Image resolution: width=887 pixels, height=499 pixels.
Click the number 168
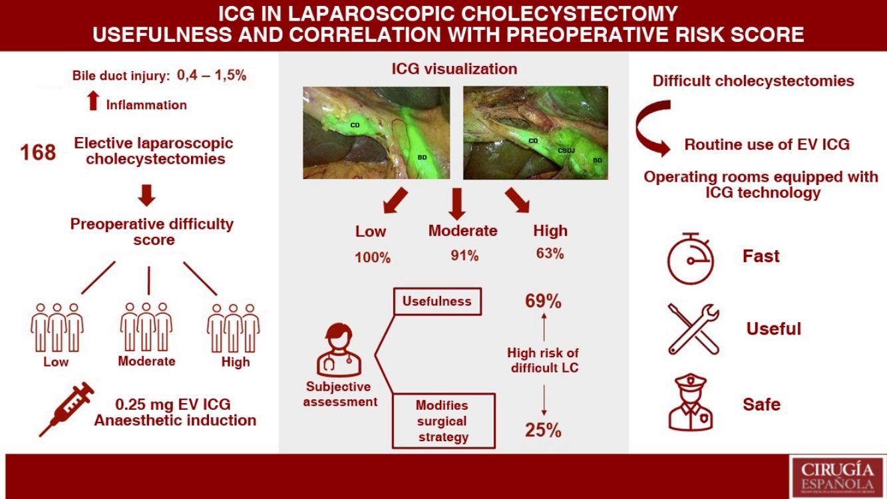[x=38, y=152]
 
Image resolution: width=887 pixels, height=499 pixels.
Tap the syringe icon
[x=67, y=409]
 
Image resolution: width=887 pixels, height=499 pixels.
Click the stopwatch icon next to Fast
[x=691, y=258]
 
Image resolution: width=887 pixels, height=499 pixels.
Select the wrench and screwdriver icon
[x=693, y=329]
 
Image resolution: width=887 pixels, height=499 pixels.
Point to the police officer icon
[x=690, y=402]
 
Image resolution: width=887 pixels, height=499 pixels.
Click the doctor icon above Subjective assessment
[x=339, y=350]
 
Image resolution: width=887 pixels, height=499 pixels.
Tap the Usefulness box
[x=437, y=301]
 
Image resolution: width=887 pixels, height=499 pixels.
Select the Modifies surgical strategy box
[x=443, y=421]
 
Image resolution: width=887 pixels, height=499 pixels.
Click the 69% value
[x=543, y=301]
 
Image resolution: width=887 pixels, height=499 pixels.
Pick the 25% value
[x=543, y=430]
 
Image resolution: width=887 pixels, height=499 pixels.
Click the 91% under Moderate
[x=464, y=256]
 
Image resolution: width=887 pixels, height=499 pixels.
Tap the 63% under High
[x=550, y=253]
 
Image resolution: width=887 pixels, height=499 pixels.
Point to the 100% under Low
[x=373, y=258]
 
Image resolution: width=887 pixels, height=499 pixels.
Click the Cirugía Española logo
[x=837, y=476]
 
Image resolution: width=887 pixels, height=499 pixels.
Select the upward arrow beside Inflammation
[x=93, y=100]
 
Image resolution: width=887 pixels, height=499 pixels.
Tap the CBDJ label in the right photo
[x=566, y=150]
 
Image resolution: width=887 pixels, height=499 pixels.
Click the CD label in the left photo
[x=355, y=125]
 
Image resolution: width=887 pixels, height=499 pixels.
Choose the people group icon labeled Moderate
[x=146, y=327]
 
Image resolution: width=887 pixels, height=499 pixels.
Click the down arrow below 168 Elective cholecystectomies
[x=146, y=195]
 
